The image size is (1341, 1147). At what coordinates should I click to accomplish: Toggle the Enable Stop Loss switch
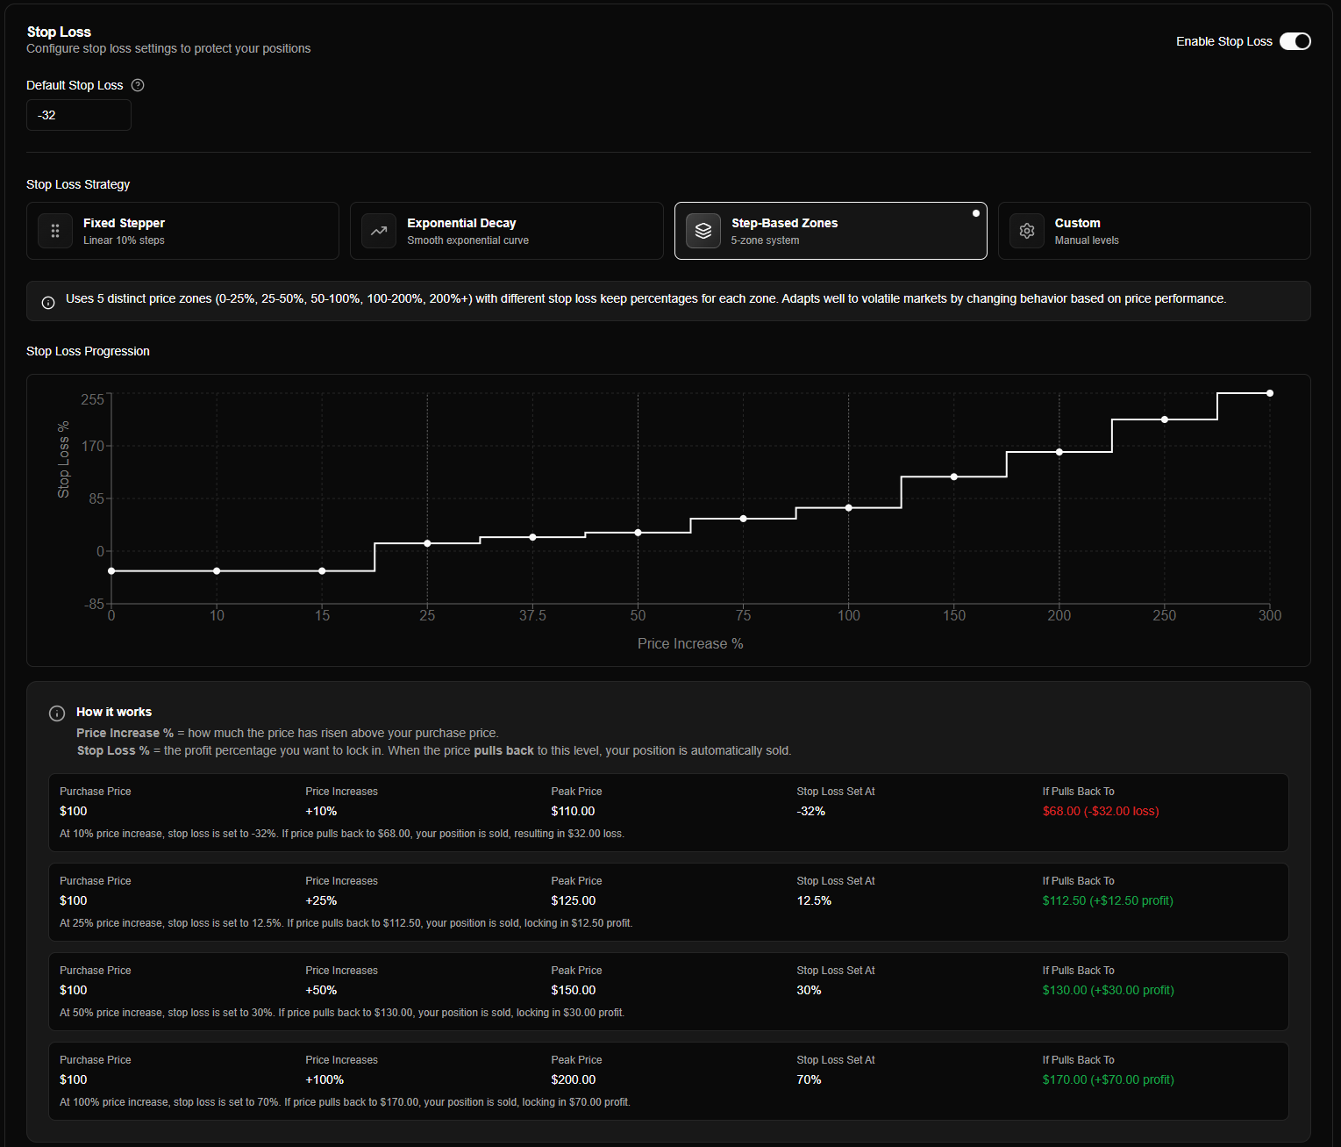pos(1295,41)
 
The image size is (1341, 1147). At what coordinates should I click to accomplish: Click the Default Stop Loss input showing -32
pos(79,115)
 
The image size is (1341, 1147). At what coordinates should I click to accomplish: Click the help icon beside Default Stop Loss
pos(138,85)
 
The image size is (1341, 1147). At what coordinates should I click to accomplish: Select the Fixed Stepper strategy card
pos(182,231)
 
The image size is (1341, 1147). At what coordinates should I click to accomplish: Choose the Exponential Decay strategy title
pos(461,223)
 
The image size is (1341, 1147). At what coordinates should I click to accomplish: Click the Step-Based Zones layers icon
pos(703,231)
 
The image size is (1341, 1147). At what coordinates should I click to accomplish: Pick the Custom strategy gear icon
pos(1026,231)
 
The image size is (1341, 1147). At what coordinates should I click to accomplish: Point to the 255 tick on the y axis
pos(92,399)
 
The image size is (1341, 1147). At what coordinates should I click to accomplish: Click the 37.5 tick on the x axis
pos(532,615)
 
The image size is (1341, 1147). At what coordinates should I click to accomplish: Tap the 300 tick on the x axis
pos(1269,615)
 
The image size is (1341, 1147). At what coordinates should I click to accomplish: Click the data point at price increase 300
pos(1269,393)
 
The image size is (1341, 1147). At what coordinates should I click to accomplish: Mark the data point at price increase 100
pos(848,508)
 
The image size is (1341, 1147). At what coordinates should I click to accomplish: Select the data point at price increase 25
pos(427,543)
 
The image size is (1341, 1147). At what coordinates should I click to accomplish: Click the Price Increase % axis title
pos(690,643)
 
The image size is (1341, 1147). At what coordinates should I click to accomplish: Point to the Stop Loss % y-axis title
pos(63,460)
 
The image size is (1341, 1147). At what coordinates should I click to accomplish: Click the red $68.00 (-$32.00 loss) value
pos(1100,811)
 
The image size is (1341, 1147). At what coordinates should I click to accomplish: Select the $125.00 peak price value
pos(573,900)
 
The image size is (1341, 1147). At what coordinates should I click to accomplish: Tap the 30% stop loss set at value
pos(809,990)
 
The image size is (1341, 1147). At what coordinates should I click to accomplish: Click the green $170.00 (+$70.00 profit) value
pos(1108,1079)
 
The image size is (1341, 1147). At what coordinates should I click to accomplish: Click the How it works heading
pos(114,712)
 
